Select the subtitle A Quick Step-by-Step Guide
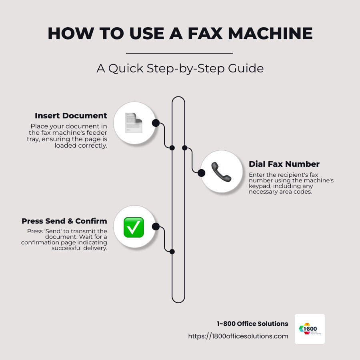(x=180, y=68)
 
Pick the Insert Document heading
(x=71, y=116)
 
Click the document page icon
(x=134, y=123)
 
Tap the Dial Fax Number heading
(x=284, y=164)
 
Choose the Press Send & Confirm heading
(x=64, y=221)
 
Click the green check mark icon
(x=134, y=227)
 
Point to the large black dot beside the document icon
(x=156, y=123)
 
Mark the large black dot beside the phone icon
(x=202, y=173)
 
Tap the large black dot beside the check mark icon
(x=156, y=227)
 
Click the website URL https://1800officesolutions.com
(x=238, y=336)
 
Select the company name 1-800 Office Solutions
(x=252, y=324)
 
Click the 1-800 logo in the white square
(x=310, y=329)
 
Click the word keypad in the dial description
(x=260, y=186)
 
